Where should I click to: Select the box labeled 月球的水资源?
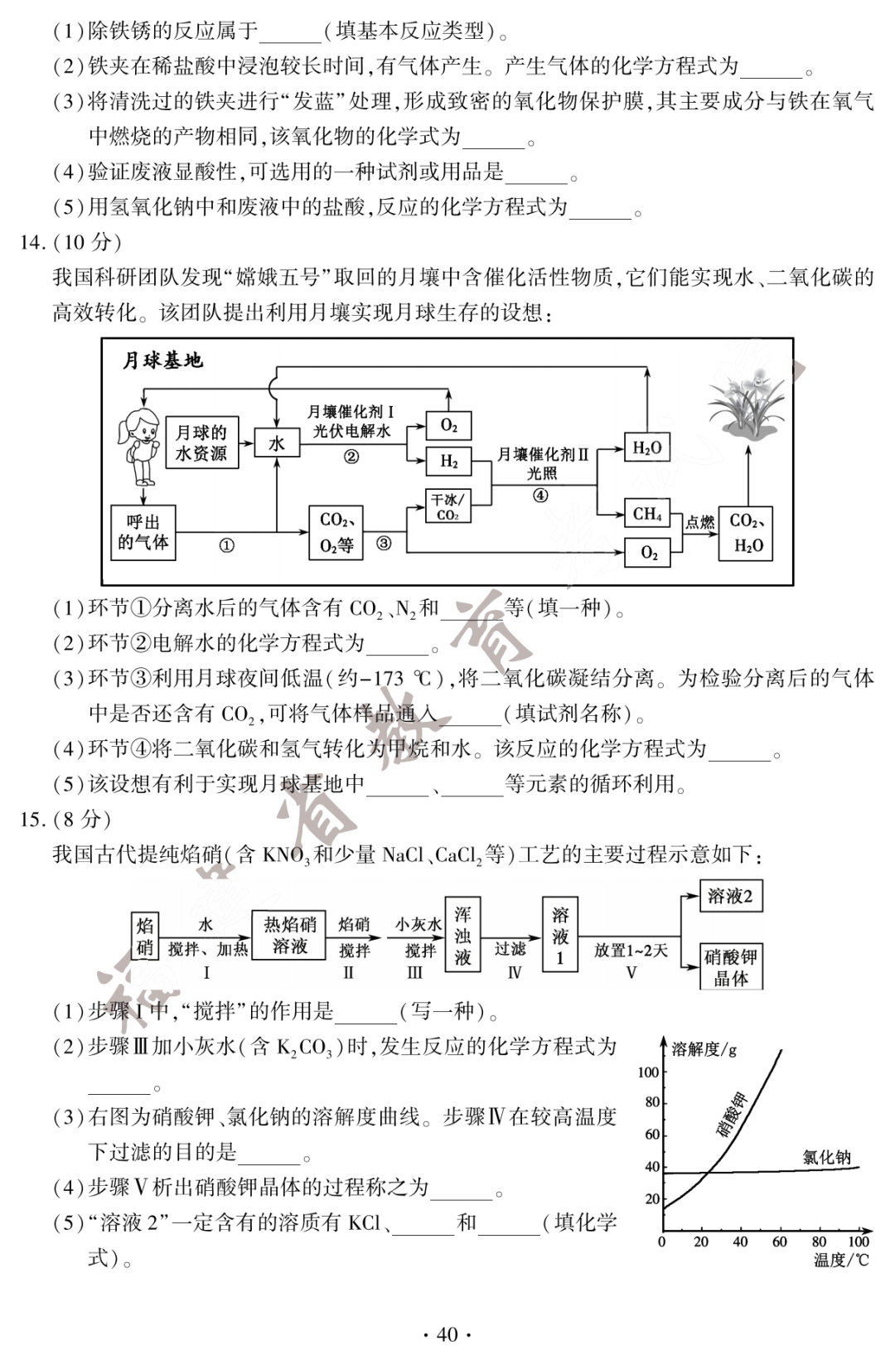tap(201, 443)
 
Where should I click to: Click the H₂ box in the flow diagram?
tap(448, 462)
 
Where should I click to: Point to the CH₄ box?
tap(647, 514)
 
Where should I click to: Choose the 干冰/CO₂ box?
tap(447, 506)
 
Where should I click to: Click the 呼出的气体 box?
tap(143, 532)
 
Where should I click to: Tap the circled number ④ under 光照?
tap(540, 496)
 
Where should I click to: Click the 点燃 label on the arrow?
tap(699, 522)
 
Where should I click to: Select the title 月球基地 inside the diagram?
tap(162, 361)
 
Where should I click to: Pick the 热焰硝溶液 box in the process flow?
tap(290, 935)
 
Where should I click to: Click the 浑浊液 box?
tap(462, 935)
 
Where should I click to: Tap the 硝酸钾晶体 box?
tap(731, 967)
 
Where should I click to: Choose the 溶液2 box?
tap(730, 896)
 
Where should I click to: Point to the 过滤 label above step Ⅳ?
tap(510, 948)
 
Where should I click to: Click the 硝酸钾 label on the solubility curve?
tap(731, 1115)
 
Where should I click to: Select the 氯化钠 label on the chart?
tap(826, 1157)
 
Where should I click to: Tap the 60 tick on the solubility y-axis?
tap(652, 1134)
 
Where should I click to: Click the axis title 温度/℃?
tap(841, 1261)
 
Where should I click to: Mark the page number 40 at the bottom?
tap(447, 1334)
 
